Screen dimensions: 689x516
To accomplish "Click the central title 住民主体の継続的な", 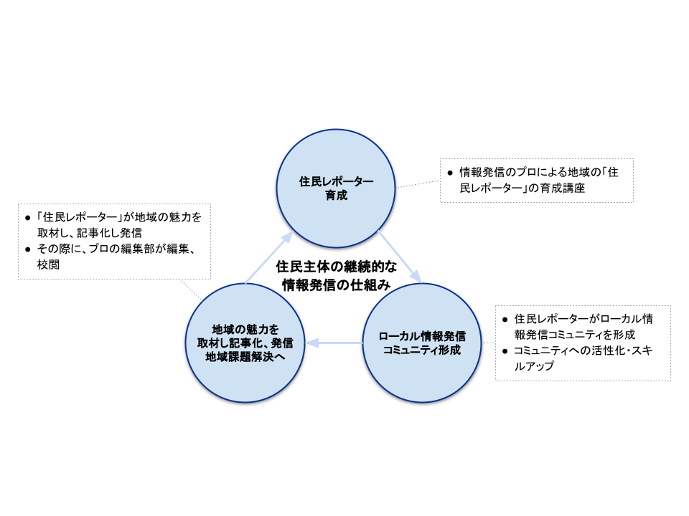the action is coord(336,267).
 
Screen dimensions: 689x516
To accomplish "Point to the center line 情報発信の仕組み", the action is coord(336,285).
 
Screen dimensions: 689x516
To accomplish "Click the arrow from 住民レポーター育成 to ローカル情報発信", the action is coord(399,257).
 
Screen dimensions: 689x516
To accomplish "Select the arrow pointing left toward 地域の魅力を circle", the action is coord(333,343).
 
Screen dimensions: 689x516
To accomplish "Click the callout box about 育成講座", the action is coord(536,179).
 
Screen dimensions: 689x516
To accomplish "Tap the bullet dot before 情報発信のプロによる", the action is coord(450,173).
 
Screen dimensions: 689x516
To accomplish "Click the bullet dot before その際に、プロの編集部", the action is coord(28,249).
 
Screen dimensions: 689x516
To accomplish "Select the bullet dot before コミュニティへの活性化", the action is coord(506,350).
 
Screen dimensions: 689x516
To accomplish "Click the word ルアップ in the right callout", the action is coord(535,366).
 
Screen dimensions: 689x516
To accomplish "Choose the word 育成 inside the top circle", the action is coord(336,195).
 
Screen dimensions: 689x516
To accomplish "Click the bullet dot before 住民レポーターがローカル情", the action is coord(506,318).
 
